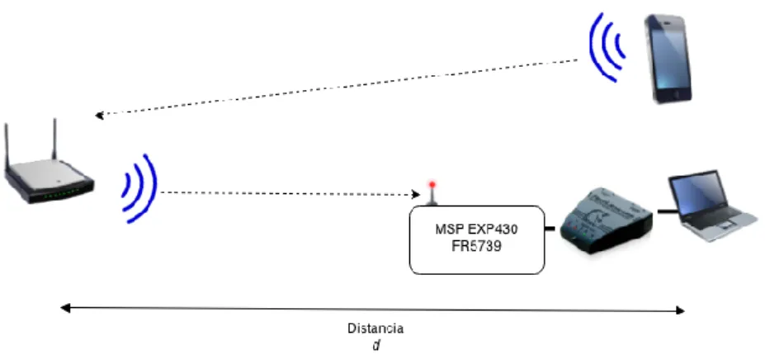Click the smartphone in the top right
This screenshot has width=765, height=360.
pos(668,59)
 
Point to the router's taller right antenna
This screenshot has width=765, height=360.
pos(54,140)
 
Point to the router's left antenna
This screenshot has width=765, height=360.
pos(7,145)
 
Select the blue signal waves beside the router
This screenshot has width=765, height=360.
pos(140,188)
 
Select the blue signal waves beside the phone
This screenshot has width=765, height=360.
pos(607,47)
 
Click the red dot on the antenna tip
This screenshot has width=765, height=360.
pos(432,185)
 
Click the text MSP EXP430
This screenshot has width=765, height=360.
pos(476,229)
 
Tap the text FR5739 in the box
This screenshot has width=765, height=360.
pos(476,246)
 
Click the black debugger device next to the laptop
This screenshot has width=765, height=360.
pos(605,220)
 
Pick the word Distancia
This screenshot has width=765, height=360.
pos(375,329)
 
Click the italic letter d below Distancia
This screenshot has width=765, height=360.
pos(376,345)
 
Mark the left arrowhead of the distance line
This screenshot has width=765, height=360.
pos(65,308)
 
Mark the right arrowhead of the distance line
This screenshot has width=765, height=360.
pos(680,310)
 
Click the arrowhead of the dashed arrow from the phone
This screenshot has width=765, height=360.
pos(99,116)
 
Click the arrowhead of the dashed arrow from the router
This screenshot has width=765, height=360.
pos(416,194)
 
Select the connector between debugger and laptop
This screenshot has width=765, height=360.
pos(667,211)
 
